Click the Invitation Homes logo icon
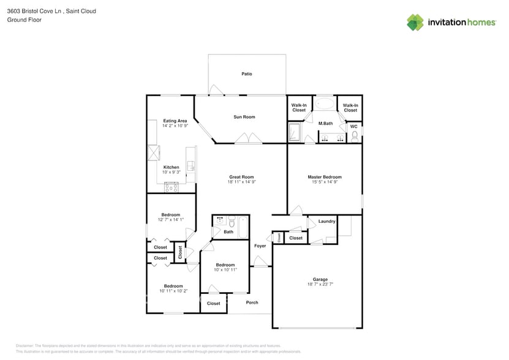tap(415, 22)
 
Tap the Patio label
tap(246, 74)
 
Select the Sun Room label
tap(244, 117)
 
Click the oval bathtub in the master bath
tap(325, 103)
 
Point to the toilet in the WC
tap(354, 136)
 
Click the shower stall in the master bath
tap(295, 132)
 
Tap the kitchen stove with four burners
tap(171, 187)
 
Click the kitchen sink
tap(190, 166)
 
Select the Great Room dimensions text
tap(241, 182)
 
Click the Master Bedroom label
tap(324, 177)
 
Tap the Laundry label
tap(326, 221)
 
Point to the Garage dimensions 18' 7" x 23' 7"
tap(320, 284)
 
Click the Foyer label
tap(260, 246)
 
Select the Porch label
tap(252, 302)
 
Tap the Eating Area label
tap(175, 121)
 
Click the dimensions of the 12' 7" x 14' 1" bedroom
tap(170, 220)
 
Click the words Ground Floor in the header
tap(23, 20)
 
